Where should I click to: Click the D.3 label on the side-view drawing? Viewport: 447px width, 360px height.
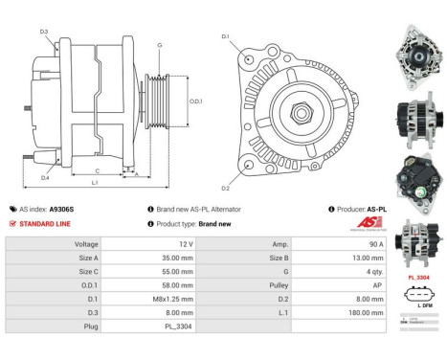44,32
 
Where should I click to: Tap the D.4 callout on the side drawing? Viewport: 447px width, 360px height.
44,177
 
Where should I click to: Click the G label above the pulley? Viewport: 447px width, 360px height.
160,45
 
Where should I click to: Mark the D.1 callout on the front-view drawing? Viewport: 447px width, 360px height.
226,36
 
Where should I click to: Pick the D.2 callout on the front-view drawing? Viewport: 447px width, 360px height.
227,188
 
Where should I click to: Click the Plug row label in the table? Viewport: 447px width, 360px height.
92,325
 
